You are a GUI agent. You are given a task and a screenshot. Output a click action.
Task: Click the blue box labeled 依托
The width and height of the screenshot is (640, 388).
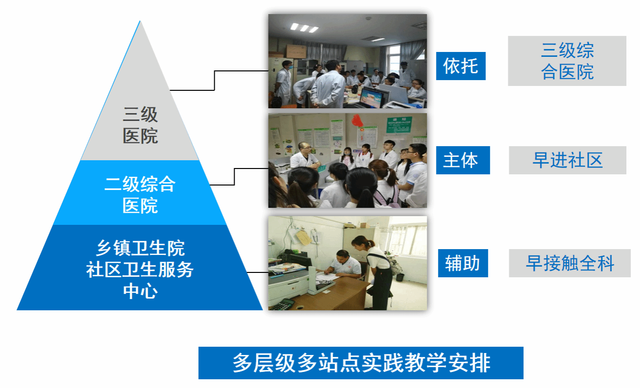(460, 66)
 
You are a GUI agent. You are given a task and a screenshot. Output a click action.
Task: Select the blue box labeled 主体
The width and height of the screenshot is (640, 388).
(463, 160)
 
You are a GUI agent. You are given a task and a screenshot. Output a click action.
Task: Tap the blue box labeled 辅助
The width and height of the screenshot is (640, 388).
(463, 263)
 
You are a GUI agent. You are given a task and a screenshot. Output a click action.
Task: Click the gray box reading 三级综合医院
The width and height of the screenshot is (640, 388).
(567, 61)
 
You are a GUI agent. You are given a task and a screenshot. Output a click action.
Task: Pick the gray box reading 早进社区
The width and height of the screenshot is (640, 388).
(568, 160)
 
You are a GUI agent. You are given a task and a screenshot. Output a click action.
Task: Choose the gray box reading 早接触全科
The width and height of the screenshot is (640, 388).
(570, 263)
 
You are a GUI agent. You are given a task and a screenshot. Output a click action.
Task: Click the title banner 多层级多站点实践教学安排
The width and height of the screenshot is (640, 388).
(361, 363)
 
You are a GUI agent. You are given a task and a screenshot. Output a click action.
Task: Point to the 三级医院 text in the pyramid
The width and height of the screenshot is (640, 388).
(140, 125)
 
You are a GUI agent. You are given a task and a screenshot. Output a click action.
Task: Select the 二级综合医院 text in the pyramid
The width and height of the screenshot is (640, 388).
(140, 195)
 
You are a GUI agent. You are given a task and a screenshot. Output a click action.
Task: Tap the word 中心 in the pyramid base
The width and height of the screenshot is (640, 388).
(140, 291)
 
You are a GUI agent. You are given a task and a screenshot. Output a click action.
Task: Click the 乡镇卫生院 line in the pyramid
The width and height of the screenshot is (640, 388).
(140, 248)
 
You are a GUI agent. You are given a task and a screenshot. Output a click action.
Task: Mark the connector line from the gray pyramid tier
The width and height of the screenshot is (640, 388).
(215, 81)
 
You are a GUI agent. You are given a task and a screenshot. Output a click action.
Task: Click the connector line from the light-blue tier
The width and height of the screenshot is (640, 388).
(234, 177)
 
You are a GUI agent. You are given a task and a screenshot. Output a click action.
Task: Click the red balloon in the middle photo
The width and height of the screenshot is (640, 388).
(357, 120)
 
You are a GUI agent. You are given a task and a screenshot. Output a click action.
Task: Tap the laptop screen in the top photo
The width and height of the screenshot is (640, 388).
(371, 98)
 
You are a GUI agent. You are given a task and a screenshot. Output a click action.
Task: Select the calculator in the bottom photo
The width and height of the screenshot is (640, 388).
(283, 304)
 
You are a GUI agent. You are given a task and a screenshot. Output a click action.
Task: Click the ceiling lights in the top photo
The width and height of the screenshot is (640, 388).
(304, 28)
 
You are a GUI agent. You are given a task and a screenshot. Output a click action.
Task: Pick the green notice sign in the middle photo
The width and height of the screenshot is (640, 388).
(399, 125)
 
